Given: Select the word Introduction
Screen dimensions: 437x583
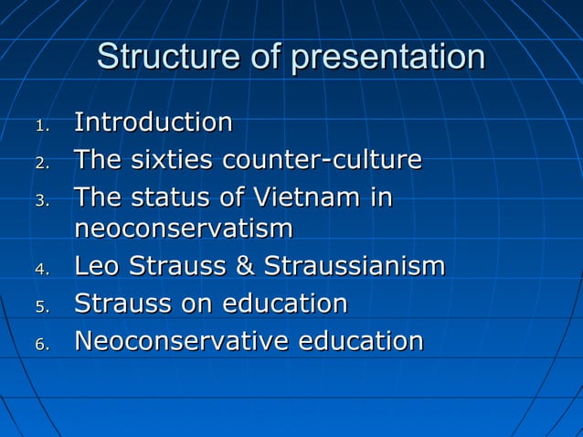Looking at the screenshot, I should (153, 122).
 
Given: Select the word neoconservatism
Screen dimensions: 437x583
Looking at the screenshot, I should (184, 229).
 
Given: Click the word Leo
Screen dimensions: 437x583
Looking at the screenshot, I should (97, 267).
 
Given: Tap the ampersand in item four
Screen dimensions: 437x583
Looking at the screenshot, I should (243, 267).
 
